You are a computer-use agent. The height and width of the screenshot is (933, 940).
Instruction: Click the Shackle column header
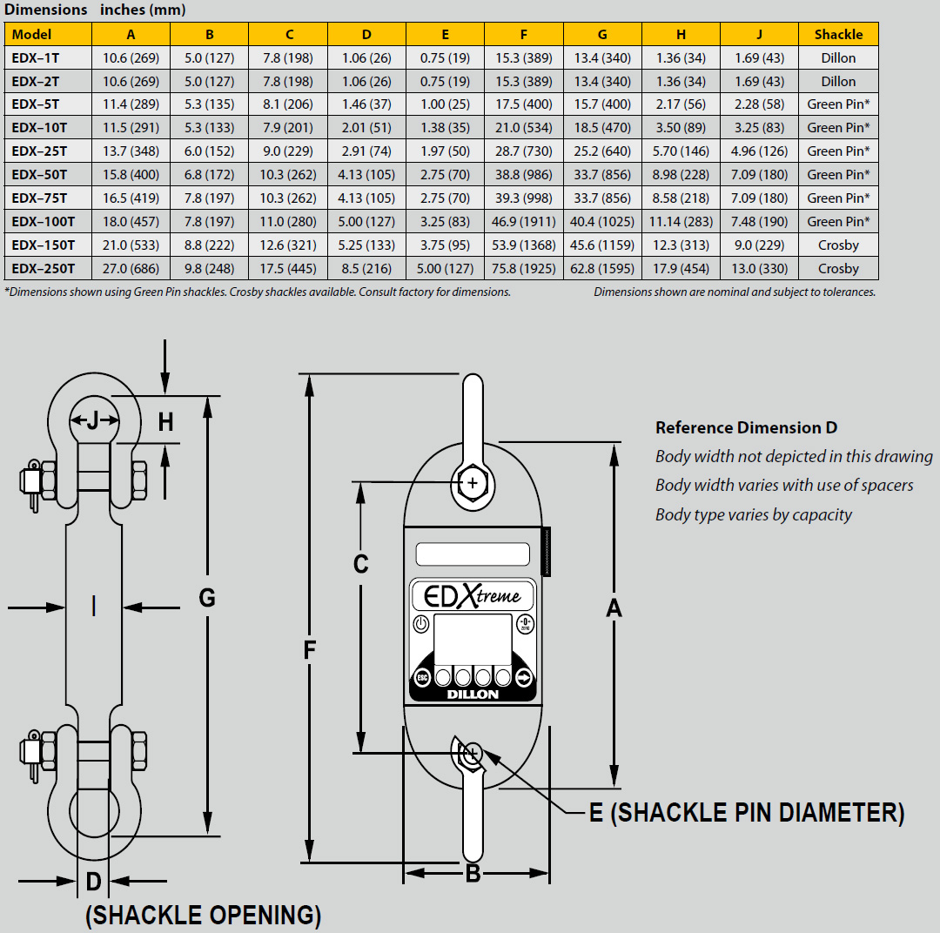click(x=838, y=35)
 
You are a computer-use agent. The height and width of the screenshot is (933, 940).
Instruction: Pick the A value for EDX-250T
click(x=131, y=269)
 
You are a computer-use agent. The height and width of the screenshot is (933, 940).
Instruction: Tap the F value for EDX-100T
click(x=523, y=222)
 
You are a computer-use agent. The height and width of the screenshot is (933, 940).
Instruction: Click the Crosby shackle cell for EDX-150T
click(x=838, y=245)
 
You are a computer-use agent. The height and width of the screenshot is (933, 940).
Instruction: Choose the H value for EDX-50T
click(x=681, y=175)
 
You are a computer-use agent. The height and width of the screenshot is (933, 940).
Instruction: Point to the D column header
click(x=366, y=35)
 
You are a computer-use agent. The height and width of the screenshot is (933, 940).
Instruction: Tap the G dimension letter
click(x=207, y=598)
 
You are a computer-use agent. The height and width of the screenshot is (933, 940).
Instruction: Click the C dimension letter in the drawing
click(x=360, y=565)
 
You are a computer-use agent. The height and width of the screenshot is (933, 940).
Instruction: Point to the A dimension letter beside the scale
click(x=614, y=608)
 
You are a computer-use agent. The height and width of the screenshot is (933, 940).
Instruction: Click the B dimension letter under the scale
click(x=473, y=874)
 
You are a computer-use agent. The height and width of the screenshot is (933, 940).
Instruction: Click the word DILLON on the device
click(x=473, y=695)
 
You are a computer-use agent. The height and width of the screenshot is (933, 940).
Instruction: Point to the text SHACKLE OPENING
click(x=203, y=916)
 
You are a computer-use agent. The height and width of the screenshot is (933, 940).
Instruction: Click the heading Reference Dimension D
click(x=746, y=427)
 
